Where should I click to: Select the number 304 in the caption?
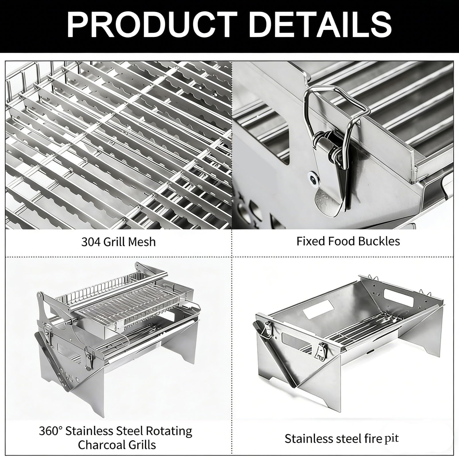click(90, 242)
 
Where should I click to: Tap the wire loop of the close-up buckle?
click(334, 115)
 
